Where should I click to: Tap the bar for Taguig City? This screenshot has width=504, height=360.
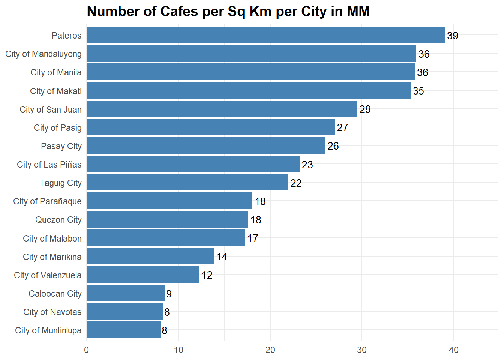pyautogui.click(x=187, y=183)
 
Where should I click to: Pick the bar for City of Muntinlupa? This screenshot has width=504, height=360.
pyautogui.click(x=123, y=330)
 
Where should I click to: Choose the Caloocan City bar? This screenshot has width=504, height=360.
pyautogui.click(x=126, y=293)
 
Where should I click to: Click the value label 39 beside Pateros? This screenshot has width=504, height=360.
pyautogui.click(x=453, y=36)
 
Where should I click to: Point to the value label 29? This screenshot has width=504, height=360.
pyautogui.click(x=365, y=109)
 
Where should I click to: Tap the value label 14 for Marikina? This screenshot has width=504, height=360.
pyautogui.click(x=222, y=256)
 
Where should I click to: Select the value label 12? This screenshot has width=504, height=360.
pyautogui.click(x=207, y=275)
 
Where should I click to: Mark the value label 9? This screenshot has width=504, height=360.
pyautogui.click(x=169, y=294)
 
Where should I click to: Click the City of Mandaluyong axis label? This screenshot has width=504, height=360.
pyautogui.click(x=43, y=54)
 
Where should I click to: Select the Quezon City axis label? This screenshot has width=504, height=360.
pyautogui.click(x=58, y=220)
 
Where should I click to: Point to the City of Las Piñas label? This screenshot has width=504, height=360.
pyautogui.click(x=49, y=165)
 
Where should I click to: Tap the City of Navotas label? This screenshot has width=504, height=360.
pyautogui.click(x=52, y=312)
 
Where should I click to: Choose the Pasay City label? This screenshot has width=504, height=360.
pyautogui.click(x=61, y=146)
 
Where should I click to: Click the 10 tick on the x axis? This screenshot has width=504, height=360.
pyautogui.click(x=178, y=350)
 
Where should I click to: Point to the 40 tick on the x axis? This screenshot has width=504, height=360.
pyautogui.click(x=454, y=350)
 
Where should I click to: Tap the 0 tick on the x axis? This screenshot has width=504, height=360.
pyautogui.click(x=87, y=350)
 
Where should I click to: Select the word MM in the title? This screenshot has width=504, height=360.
pyautogui.click(x=358, y=12)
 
